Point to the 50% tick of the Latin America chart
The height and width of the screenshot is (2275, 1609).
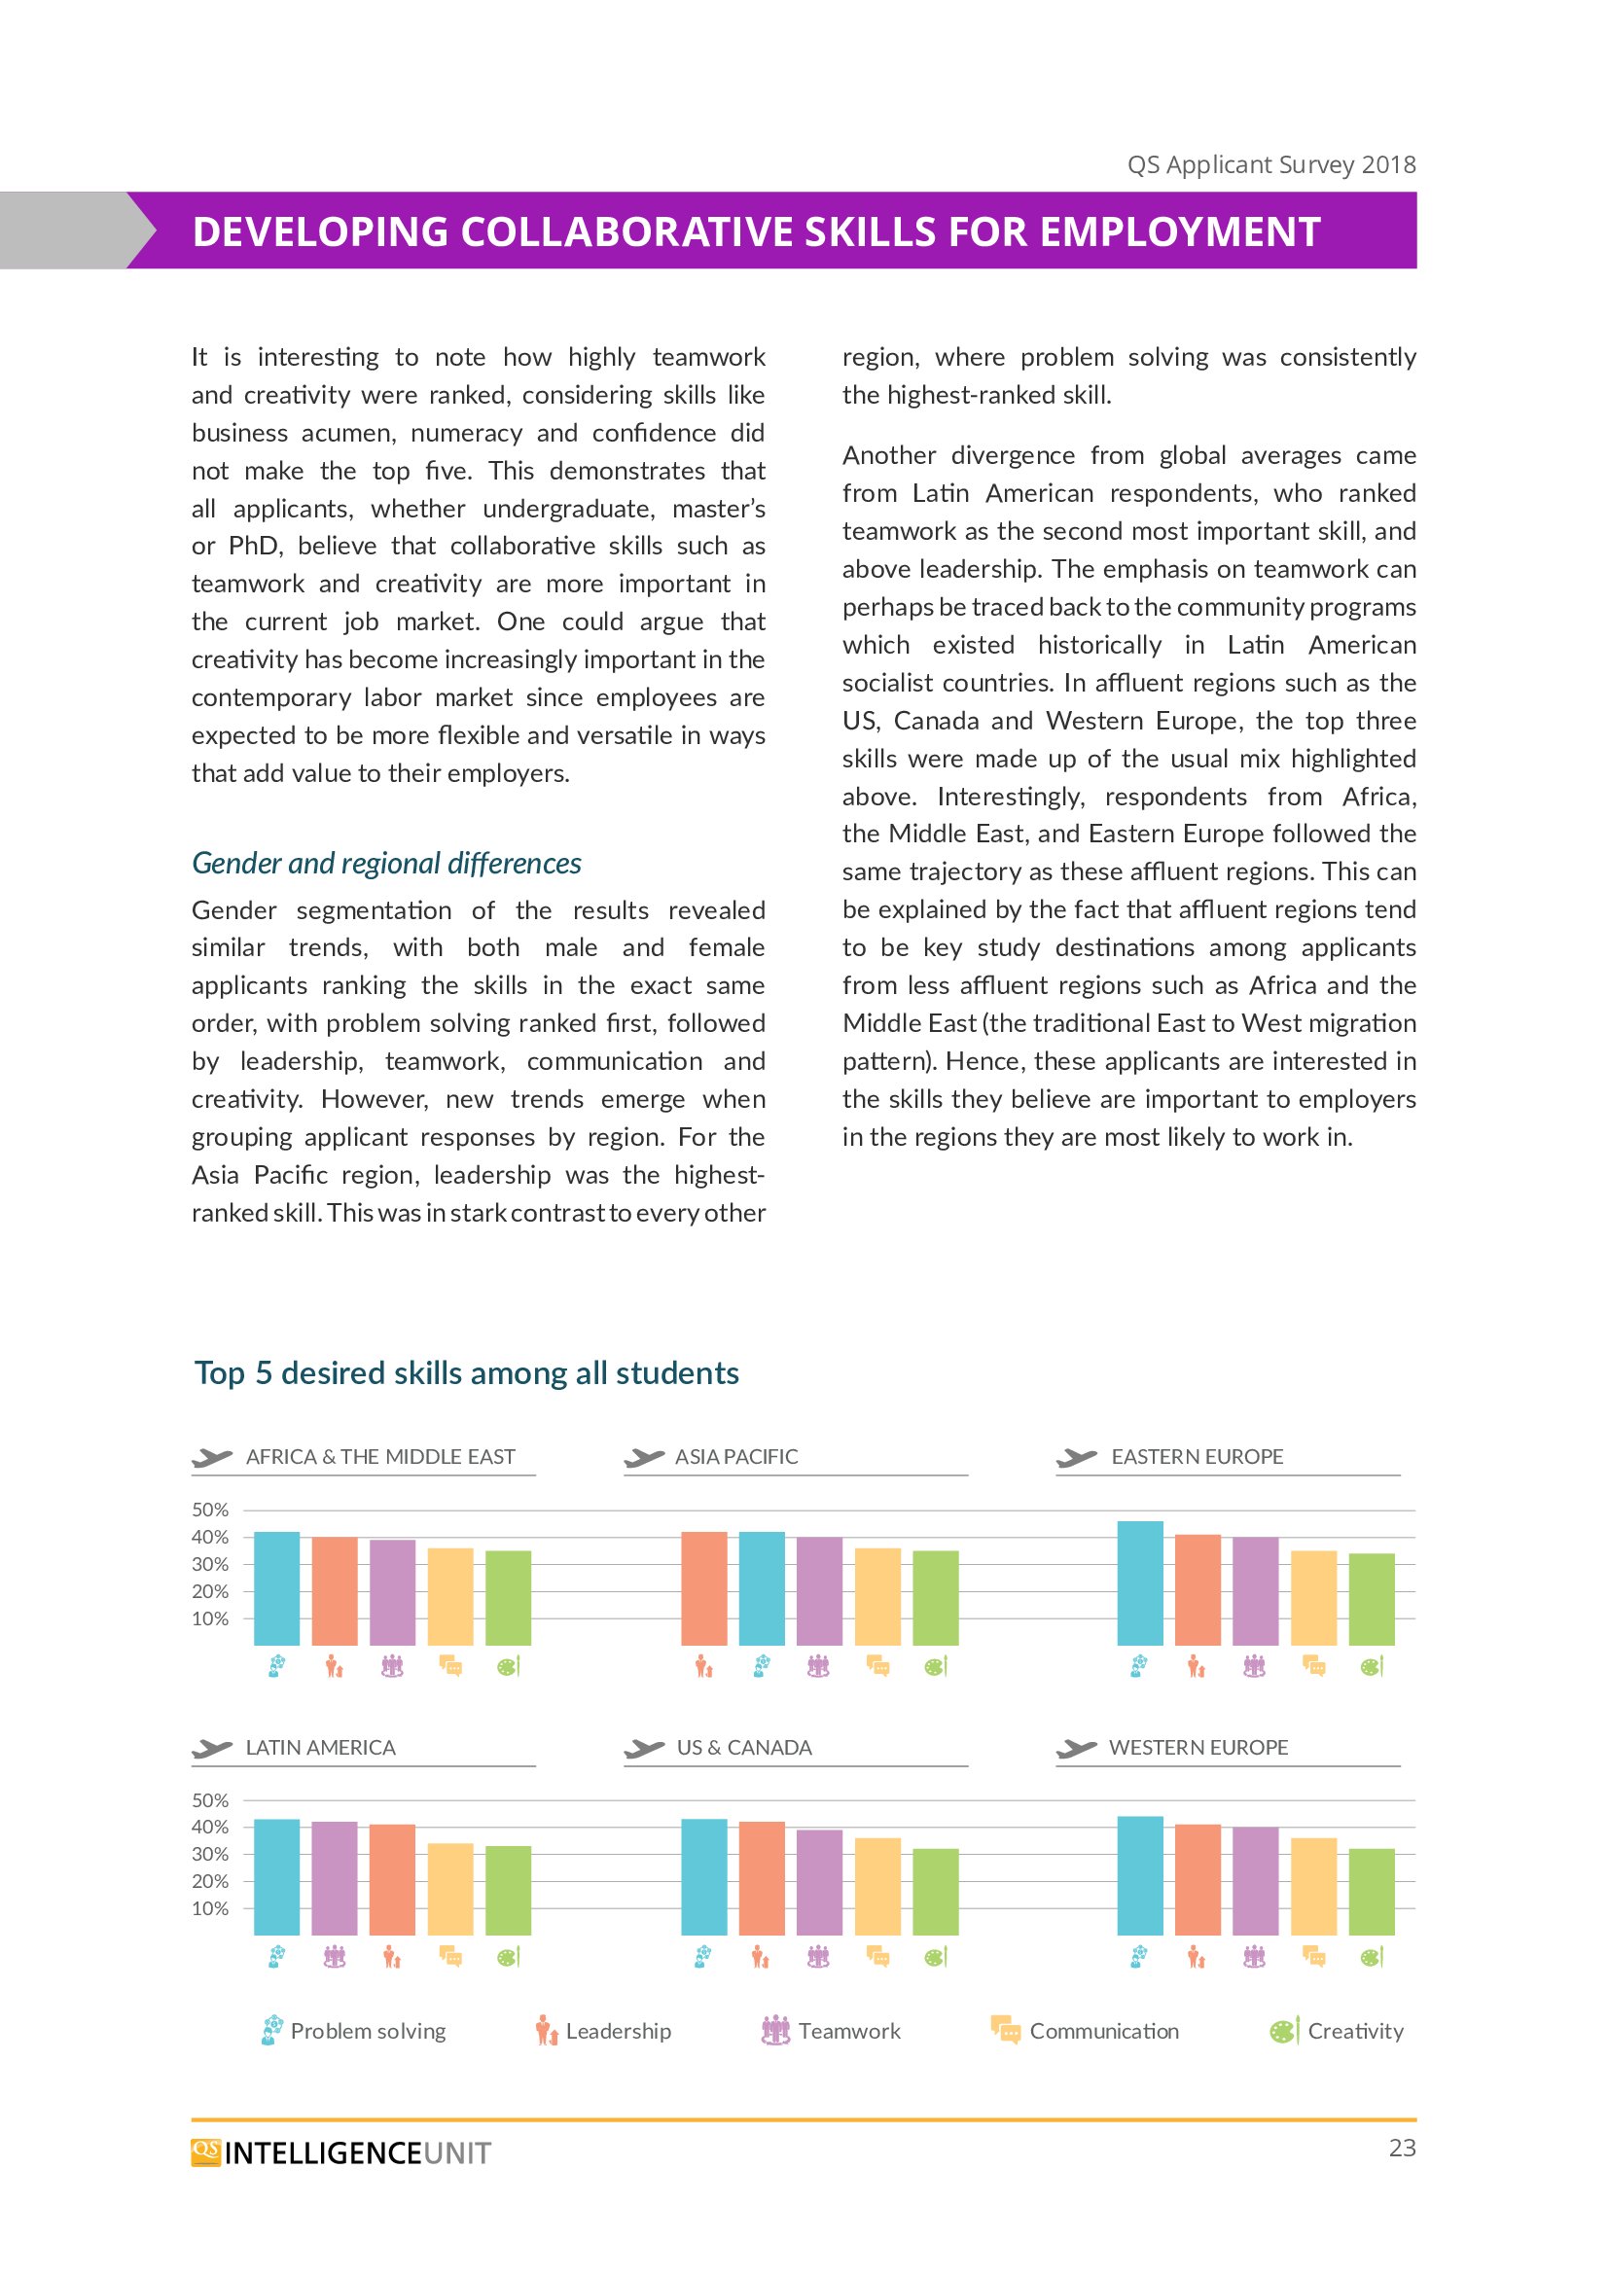click(x=210, y=1800)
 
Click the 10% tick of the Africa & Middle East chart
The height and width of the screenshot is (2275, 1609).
click(x=210, y=1619)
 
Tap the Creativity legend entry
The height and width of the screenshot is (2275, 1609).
click(x=1337, y=2031)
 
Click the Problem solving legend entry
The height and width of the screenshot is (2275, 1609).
click(x=354, y=2031)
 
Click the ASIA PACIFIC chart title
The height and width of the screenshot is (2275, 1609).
click(x=736, y=1457)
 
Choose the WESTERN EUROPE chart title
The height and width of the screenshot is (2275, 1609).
click(x=1198, y=1748)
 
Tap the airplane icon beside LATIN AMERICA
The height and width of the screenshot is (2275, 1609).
click(x=212, y=1749)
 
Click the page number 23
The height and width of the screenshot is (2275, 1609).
click(x=1402, y=2149)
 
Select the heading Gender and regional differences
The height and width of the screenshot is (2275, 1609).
click(x=386, y=863)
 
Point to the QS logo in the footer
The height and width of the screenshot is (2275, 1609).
click(x=206, y=2153)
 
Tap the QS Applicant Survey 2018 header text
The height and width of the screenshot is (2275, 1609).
click(x=1271, y=164)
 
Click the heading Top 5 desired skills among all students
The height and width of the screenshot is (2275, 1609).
click(x=467, y=1373)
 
